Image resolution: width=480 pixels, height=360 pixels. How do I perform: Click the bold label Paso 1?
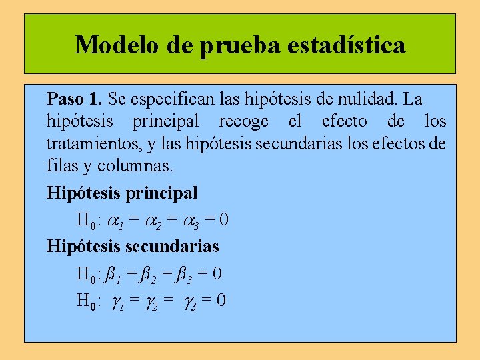tap(74, 99)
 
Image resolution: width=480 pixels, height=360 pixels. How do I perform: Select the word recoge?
tap(243, 121)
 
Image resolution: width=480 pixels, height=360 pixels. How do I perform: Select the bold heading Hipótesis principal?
tap(122, 193)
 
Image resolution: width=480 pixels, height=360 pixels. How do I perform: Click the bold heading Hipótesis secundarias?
tap(133, 246)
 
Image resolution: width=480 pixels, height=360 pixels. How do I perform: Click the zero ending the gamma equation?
tap(221, 300)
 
